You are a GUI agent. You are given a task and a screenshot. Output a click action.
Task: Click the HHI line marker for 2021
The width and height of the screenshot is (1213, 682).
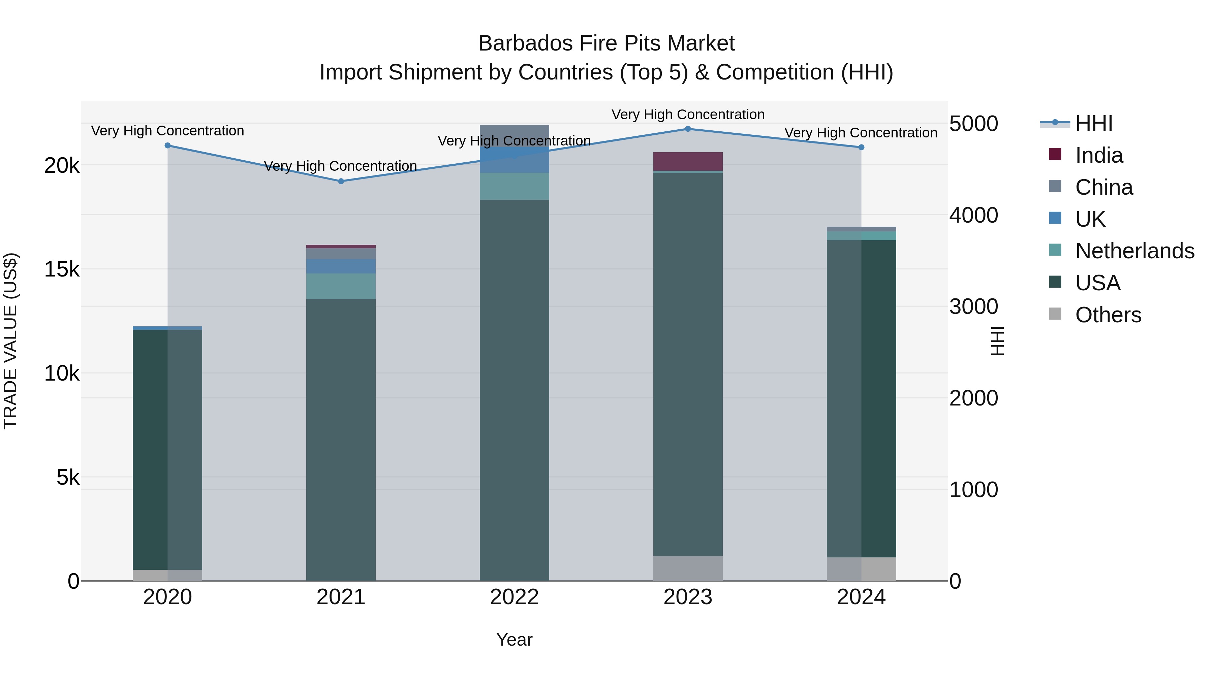[x=341, y=181]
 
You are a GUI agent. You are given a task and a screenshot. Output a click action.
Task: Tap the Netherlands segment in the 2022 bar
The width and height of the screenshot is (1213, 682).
[x=514, y=186]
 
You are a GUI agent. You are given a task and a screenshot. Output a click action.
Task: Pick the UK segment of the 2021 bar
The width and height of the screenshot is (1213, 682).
[x=341, y=266]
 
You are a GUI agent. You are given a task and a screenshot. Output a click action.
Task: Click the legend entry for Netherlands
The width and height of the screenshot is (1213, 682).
[x=1134, y=251]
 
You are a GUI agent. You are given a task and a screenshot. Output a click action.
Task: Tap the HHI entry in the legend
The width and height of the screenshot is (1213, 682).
[x=1093, y=123]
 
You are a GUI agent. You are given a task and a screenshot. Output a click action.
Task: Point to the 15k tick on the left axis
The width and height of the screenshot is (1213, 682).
[x=62, y=270]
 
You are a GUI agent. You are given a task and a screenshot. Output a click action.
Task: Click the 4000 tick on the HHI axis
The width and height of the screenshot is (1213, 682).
[x=973, y=215]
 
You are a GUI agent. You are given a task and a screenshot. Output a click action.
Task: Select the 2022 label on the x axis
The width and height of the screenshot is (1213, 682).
[x=514, y=597]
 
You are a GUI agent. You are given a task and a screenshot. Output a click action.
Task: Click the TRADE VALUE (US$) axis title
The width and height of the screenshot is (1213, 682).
[x=11, y=341]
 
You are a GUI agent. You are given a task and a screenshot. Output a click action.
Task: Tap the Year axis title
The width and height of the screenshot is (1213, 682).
[x=514, y=640]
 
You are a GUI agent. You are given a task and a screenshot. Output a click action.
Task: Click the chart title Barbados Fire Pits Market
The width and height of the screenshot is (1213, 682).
[x=606, y=43]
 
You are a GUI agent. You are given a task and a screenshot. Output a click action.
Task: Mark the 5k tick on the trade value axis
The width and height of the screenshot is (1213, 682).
[x=68, y=478]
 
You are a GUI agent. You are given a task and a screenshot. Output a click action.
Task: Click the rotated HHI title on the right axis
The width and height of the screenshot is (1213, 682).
[x=997, y=341]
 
